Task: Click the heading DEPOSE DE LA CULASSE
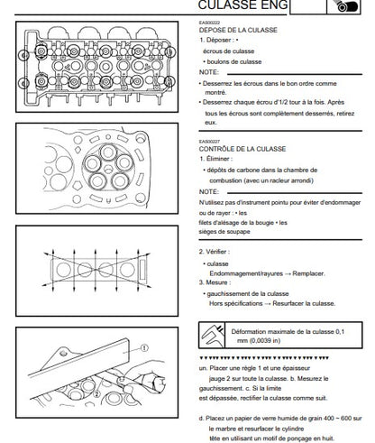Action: [238, 30]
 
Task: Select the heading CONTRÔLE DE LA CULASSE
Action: [242, 149]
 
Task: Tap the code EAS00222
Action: [209, 23]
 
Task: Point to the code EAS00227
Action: [209, 142]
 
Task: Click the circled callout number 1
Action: [144, 348]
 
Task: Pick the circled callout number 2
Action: [96, 393]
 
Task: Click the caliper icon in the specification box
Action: [213, 335]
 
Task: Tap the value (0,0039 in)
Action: [259, 341]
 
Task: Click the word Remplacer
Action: [308, 273]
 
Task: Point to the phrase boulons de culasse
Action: [234, 62]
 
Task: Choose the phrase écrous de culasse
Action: [228, 51]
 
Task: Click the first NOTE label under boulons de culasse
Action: [209, 72]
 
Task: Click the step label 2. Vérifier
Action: [215, 252]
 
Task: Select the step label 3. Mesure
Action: [215, 282]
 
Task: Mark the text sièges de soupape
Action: [224, 232]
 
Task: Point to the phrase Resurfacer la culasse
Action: [304, 303]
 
